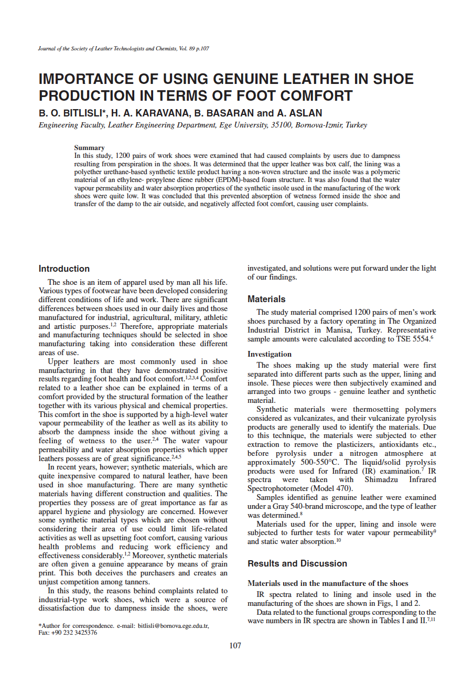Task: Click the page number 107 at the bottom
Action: (235, 646)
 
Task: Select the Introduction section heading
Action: (64, 269)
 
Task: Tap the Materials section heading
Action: (266, 299)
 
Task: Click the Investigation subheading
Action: (270, 354)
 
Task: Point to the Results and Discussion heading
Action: (297, 563)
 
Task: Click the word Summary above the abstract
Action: (89, 148)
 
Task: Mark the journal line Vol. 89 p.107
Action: (186, 48)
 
